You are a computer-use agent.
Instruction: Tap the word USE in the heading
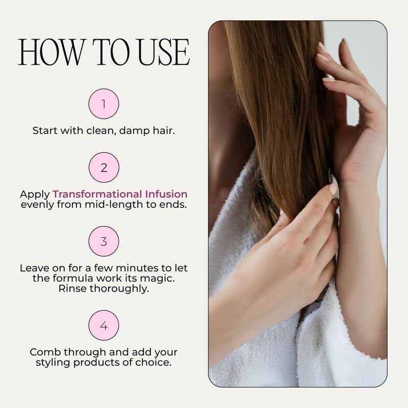click(x=164, y=52)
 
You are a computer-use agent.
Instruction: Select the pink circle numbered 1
click(x=104, y=104)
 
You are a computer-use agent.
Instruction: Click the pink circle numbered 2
click(x=104, y=167)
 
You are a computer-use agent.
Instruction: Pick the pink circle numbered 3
click(x=104, y=241)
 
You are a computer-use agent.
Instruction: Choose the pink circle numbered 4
click(x=104, y=325)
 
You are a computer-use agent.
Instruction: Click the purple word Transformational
click(x=97, y=194)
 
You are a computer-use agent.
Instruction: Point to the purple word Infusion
click(x=166, y=194)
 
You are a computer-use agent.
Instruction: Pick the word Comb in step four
click(x=45, y=352)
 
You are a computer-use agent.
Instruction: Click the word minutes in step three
click(x=137, y=268)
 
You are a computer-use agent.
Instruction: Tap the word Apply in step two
click(x=35, y=195)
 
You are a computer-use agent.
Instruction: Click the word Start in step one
click(x=45, y=131)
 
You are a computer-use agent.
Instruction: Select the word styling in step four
click(x=53, y=363)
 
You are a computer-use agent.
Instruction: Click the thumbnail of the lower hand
click(x=333, y=189)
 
